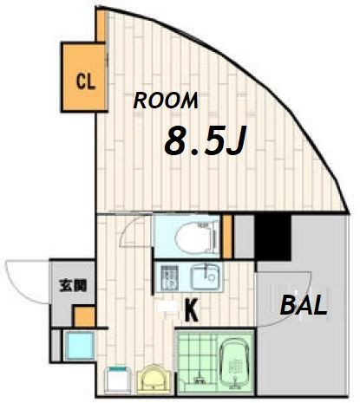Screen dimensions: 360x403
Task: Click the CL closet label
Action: coord(86,81)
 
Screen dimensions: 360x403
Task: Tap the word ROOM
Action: coord(166,101)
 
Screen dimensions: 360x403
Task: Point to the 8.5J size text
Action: coord(205,140)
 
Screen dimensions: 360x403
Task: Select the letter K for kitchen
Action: coord(192,310)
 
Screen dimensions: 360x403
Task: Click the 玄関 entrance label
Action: coord(73,285)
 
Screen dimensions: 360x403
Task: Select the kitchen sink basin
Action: coord(206,277)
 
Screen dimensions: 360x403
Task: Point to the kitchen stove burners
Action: coord(168,278)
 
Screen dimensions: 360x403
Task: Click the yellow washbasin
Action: coord(152,380)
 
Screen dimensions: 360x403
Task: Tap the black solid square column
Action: coord(272,237)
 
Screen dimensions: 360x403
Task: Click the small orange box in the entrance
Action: coord(84,316)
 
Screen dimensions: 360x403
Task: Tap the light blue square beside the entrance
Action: coord(79,346)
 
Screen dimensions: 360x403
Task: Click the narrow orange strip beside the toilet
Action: coord(227,237)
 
